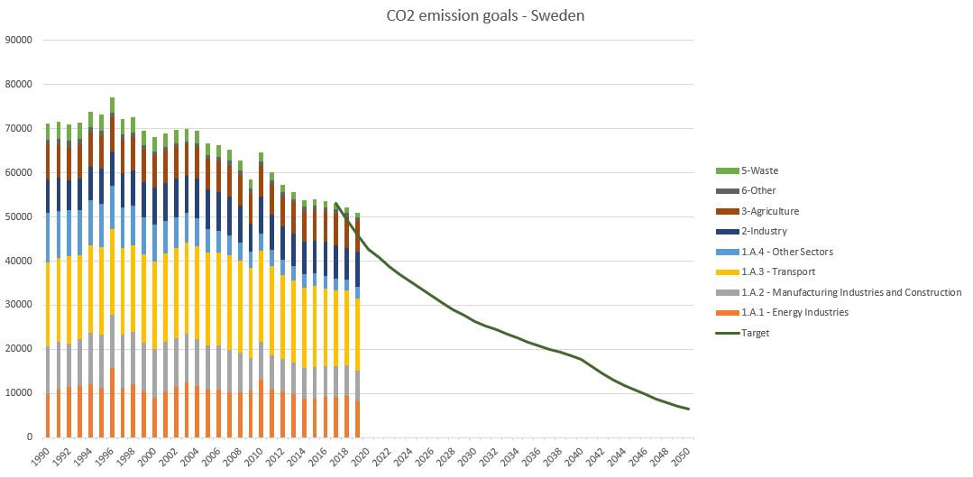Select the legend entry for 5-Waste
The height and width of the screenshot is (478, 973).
coord(759,170)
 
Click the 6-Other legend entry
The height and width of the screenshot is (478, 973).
coord(757,190)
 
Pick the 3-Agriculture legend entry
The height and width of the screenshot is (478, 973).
coord(769,211)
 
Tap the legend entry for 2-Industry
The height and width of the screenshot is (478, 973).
coord(763,231)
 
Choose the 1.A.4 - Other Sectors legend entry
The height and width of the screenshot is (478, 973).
coord(786,252)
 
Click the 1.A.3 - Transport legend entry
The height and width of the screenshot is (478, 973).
coord(780,271)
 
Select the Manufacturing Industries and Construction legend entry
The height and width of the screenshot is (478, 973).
coord(850,292)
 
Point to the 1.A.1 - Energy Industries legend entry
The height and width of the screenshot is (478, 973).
coord(794,312)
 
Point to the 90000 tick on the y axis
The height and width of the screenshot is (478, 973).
coord(19,41)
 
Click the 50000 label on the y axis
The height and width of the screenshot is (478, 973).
coord(19,216)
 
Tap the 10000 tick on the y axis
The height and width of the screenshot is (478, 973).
coord(19,393)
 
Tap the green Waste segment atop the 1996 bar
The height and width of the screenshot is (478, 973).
coord(112,105)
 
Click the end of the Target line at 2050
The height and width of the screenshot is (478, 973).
coord(689,409)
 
